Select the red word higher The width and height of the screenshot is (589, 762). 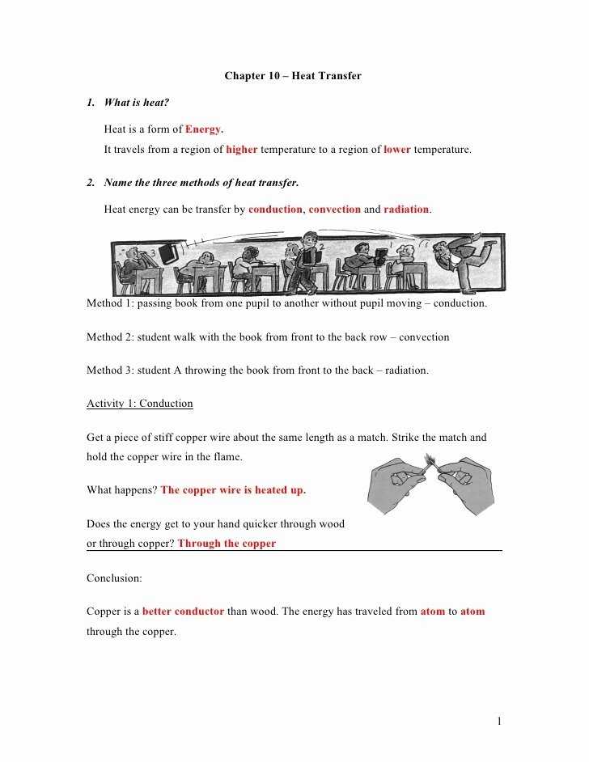coord(242,150)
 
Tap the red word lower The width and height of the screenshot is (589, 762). coord(396,150)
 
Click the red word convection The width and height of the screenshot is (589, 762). coord(334,210)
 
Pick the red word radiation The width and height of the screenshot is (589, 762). coord(406,210)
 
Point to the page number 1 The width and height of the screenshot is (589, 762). coord(500,721)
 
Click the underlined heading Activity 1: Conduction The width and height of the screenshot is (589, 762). coord(140,404)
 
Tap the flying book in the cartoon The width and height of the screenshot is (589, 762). coord(168,253)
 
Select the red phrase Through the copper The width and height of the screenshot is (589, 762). coord(227,544)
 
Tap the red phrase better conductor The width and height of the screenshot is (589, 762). coord(183,612)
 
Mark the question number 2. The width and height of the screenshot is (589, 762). coord(91,183)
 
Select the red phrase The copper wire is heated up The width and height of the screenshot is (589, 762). coord(233,490)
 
